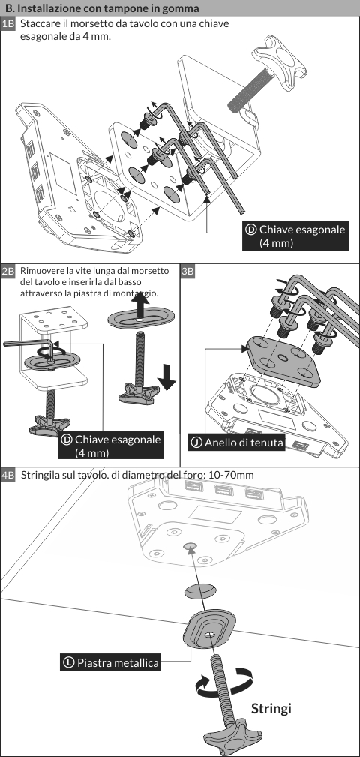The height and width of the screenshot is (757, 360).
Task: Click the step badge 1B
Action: coord(8,24)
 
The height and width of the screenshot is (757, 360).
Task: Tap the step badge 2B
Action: coord(8,271)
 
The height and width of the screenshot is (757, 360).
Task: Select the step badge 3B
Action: coord(187,271)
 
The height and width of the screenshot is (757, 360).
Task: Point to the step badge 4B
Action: coord(8,476)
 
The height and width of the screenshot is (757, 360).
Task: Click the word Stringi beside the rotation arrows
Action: coord(271,709)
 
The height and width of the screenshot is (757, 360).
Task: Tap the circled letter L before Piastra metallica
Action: coord(68,663)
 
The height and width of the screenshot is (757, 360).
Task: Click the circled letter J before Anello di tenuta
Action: coord(197,442)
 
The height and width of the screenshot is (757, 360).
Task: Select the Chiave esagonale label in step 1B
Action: coord(295,236)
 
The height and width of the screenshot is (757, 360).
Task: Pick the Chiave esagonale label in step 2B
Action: coord(111,446)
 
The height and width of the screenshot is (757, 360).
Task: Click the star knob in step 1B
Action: coord(279,61)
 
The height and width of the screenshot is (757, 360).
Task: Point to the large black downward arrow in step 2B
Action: coord(167,377)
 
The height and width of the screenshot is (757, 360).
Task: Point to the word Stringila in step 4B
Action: coord(40,476)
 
